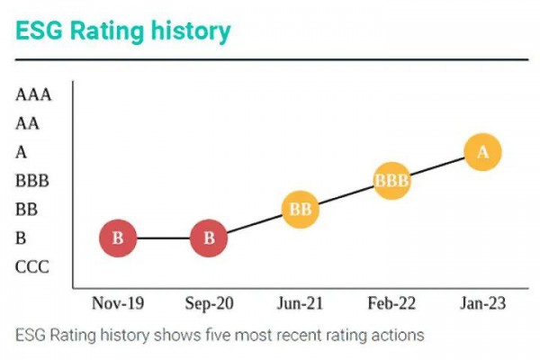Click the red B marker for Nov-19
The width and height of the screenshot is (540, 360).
(118, 238)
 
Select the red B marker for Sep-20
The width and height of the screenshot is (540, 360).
(210, 238)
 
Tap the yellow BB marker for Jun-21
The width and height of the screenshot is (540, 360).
(301, 211)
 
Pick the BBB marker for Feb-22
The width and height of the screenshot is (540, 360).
(391, 181)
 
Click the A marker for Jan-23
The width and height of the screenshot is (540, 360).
(483, 152)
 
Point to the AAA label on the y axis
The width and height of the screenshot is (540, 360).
(33, 94)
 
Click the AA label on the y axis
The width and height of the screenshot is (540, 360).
(28, 123)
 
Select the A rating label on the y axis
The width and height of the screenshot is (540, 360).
(22, 152)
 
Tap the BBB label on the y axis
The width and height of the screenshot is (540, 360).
(32, 181)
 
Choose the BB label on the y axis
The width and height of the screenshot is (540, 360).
(27, 210)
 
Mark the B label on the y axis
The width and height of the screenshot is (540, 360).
(22, 238)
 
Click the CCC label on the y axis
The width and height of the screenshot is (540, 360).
(32, 267)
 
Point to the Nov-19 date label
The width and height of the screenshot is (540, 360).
(118, 303)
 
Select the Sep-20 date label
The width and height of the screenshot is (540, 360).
(210, 303)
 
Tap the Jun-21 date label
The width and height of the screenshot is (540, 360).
(301, 303)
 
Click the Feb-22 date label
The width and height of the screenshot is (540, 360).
(391, 303)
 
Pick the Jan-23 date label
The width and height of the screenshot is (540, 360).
(482, 303)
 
